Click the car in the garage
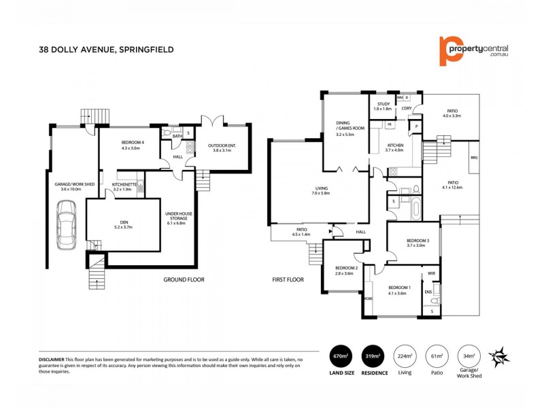(67, 228)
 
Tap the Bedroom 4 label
(130, 144)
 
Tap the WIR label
(431, 273)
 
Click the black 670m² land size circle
(341, 356)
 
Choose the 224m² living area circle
(406, 356)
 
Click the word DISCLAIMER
(52, 358)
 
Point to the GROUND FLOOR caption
(184, 279)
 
